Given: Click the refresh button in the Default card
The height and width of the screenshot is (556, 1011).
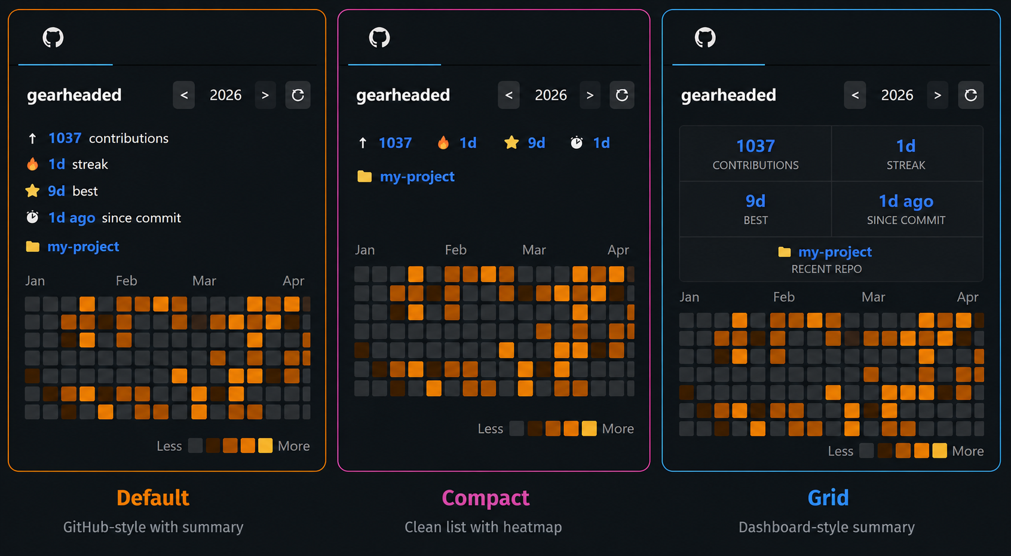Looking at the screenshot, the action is (x=298, y=95).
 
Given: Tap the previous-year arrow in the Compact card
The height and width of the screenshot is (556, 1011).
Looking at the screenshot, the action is (x=508, y=95).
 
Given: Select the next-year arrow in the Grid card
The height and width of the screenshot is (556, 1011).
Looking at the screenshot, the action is (x=938, y=95).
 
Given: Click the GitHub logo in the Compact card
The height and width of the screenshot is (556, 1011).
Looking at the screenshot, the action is (x=379, y=38).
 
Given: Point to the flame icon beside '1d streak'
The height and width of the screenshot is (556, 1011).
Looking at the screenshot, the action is (x=32, y=164).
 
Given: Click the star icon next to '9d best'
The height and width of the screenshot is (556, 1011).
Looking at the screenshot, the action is (x=32, y=191).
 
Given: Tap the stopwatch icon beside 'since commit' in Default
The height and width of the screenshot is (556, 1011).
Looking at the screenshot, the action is (x=32, y=217).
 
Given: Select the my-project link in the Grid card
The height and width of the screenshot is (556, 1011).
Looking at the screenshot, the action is (x=835, y=252).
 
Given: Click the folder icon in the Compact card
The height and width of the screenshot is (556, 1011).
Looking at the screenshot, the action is (x=364, y=176).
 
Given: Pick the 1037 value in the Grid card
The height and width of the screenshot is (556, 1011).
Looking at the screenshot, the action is (x=755, y=146).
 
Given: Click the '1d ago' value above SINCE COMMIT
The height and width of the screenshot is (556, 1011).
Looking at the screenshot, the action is (x=906, y=201).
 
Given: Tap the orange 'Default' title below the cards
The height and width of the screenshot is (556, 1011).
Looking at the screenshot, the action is (x=153, y=498).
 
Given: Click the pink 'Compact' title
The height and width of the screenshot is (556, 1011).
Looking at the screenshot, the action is (x=485, y=498).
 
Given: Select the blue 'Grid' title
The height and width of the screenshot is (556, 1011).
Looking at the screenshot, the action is (x=828, y=498).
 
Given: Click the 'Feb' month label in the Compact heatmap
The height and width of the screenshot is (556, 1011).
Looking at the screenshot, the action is (x=456, y=250).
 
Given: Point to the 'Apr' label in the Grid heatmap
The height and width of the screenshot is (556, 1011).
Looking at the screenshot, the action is (x=967, y=297).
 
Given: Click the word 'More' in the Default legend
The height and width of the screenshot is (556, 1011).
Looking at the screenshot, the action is (x=294, y=446).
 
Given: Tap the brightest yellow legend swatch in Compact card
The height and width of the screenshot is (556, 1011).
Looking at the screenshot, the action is (x=589, y=428).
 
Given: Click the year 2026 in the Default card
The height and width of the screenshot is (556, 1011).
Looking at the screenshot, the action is (x=226, y=95).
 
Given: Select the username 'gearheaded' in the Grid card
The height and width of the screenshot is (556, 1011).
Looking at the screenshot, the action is (x=728, y=95).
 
